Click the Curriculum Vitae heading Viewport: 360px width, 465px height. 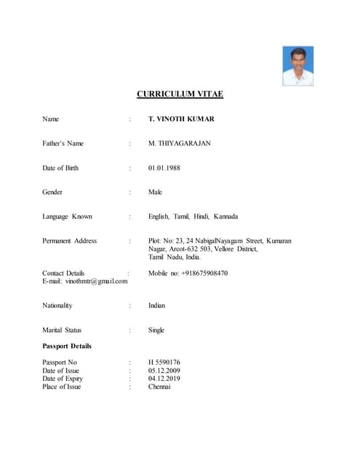[180, 94]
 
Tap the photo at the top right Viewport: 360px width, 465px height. [298, 66]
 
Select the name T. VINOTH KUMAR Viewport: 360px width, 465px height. [181, 119]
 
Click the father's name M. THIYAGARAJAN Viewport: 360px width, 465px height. [180, 144]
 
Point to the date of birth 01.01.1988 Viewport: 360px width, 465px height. [164, 169]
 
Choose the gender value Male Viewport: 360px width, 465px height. [156, 193]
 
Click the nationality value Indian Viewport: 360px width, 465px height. [157, 306]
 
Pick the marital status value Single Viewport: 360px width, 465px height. [156, 330]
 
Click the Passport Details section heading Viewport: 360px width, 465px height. [67, 346]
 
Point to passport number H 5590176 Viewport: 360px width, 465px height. [164, 362]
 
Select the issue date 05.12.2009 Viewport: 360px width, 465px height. [164, 371]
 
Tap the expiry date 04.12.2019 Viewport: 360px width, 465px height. [164, 379]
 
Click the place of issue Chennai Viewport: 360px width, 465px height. [159, 387]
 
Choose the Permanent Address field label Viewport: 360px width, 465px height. [69, 240]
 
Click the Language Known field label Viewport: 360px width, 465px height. [67, 217]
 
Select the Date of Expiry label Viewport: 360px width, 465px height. [63, 379]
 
